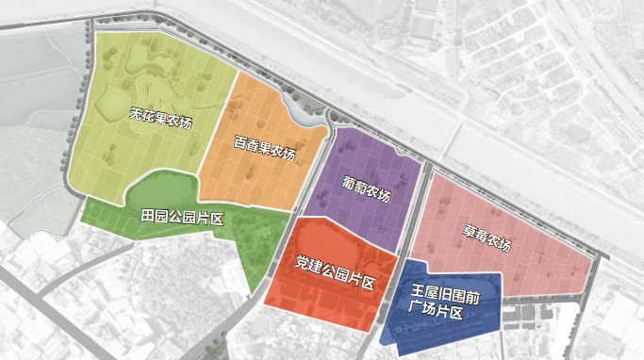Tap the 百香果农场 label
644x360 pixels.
click(x=264, y=150)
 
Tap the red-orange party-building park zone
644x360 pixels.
click(x=311, y=302)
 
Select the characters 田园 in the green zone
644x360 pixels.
click(x=154, y=216)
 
